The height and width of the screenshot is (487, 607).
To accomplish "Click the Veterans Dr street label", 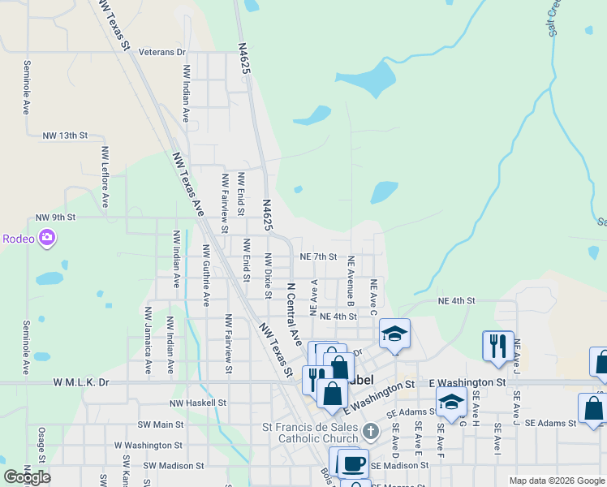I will pos(162,52).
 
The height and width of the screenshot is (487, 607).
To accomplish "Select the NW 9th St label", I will pos(55,218).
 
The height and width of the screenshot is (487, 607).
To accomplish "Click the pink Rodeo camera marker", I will pos(47,238).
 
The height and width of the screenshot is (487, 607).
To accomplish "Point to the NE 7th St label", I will pos(318,256).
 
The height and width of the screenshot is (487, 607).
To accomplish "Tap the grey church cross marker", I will pos(371,431).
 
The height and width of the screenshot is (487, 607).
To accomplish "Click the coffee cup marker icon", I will pos(352,463).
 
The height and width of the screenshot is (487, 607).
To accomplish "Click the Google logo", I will pos(27,476).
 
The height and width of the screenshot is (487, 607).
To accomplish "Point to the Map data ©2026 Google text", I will pos(557,481).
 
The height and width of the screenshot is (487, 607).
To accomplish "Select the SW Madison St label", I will pos(174,466).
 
